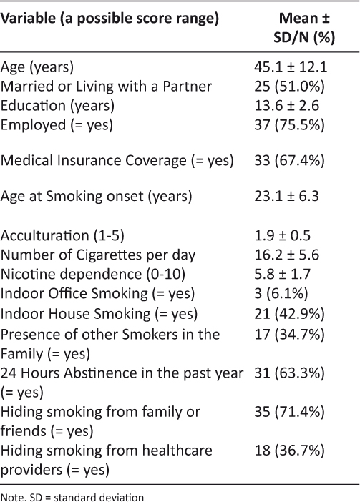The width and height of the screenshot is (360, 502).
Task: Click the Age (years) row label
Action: coord(37,67)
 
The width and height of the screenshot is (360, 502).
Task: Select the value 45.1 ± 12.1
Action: coord(291,67)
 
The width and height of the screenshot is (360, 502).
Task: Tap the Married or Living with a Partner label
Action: coord(106,87)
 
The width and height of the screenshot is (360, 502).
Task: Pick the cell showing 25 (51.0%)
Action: coord(290,87)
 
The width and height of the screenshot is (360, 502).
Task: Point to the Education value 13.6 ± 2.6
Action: coord(287,106)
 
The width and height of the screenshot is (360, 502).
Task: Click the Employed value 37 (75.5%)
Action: coord(290,125)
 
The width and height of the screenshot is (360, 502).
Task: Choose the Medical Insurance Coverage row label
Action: coord(117,161)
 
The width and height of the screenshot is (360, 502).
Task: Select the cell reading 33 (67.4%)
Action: coord(290,161)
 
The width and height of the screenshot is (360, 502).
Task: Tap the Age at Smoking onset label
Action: coord(96,196)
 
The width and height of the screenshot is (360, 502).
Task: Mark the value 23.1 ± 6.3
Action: coord(287,196)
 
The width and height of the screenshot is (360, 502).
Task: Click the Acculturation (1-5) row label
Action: coord(62,236)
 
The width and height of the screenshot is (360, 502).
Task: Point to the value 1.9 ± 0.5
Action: coord(283,236)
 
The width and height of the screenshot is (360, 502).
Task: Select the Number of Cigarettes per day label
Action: coord(98,255)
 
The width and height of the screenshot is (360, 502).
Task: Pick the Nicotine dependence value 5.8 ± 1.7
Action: coord(283,275)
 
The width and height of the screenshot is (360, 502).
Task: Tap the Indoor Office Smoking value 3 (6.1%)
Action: coord(281,294)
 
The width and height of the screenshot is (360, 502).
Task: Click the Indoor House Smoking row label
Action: coord(99,314)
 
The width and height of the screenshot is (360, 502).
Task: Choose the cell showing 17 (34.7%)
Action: coord(290,335)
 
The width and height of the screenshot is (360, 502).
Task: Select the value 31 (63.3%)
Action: coord(290,373)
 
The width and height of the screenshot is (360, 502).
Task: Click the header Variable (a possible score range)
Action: coord(110,19)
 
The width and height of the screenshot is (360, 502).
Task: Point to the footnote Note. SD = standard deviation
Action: coord(72,497)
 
